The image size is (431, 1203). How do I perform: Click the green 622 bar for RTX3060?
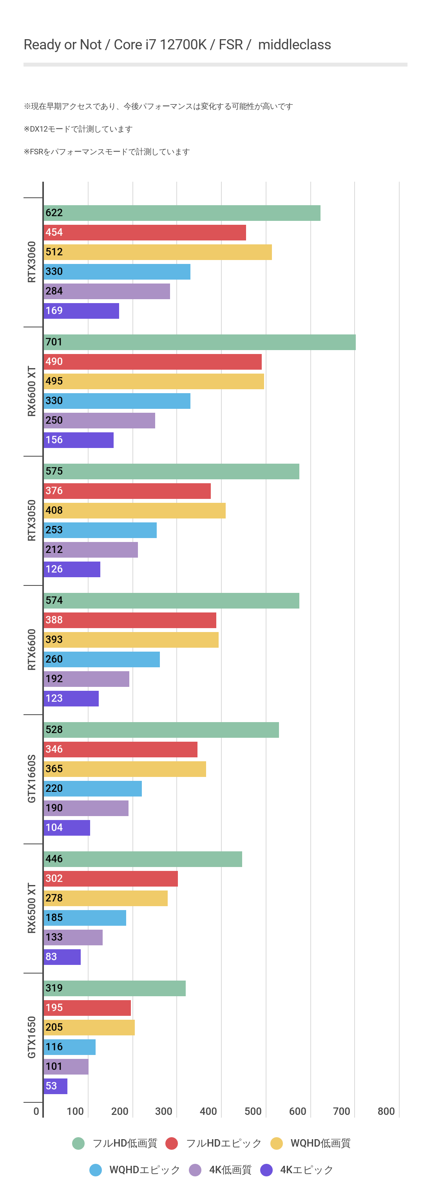(182, 213)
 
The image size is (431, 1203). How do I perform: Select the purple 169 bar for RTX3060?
(82, 311)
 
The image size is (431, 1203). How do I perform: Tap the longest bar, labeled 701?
(199, 342)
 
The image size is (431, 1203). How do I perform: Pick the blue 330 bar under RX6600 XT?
(117, 401)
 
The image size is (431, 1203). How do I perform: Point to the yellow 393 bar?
(131, 640)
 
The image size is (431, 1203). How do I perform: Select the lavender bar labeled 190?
(86, 808)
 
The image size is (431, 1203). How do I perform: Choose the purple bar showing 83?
(62, 957)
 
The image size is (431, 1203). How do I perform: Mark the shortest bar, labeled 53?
(56, 1086)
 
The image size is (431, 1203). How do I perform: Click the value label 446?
(54, 859)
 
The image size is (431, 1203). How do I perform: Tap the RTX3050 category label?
(31, 520)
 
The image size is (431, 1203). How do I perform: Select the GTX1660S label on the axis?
(31, 779)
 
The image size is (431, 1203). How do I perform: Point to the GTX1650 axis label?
(31, 1037)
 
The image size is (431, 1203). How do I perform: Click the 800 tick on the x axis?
(386, 1111)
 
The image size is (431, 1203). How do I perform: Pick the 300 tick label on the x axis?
(164, 1111)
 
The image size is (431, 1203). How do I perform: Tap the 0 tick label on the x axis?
(36, 1111)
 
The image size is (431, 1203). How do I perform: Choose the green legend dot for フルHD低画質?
(78, 1143)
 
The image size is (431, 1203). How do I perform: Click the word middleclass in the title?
(295, 45)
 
